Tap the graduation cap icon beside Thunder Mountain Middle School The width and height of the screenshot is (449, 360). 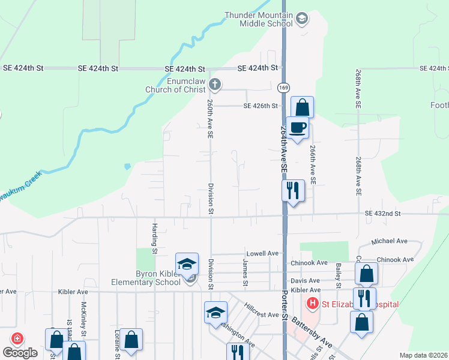click(302, 19)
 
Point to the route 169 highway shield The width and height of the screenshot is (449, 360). click(283, 88)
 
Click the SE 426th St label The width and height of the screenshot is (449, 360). click(261, 106)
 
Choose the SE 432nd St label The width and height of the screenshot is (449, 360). click(382, 214)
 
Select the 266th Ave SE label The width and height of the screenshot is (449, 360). click(313, 164)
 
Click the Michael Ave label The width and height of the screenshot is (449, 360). click(389, 241)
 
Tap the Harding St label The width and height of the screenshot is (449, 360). click(154, 239)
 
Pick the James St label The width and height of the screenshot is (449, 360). click(245, 272)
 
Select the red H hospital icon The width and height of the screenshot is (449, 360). click(312, 304)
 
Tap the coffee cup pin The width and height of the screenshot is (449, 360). click(298, 127)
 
